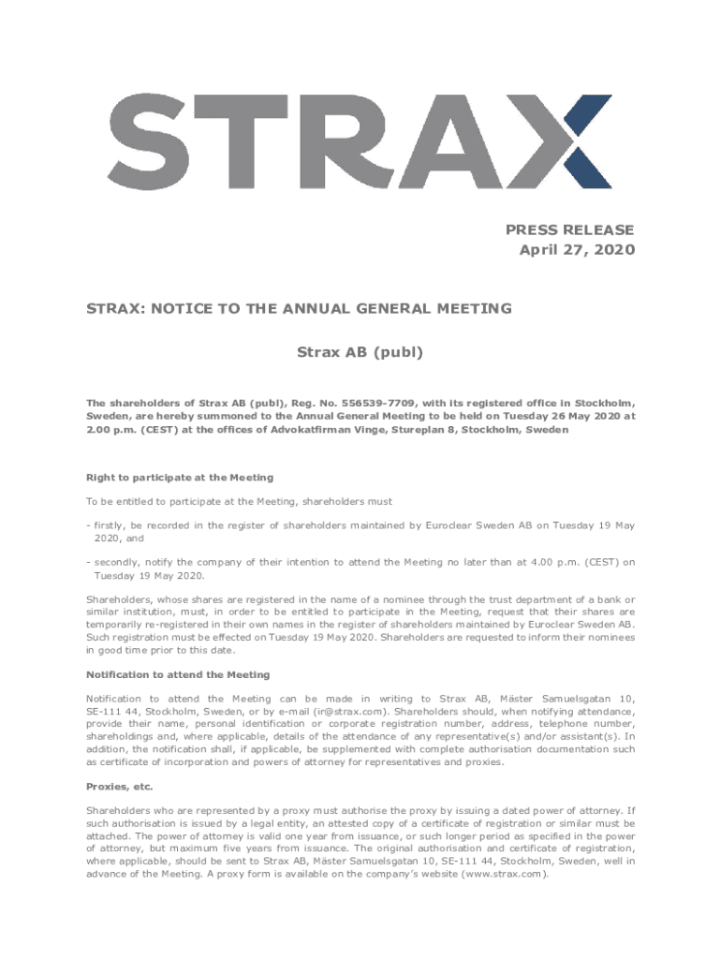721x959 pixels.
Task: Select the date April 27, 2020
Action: click(x=577, y=250)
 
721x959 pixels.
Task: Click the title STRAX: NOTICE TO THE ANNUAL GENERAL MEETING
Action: click(x=299, y=307)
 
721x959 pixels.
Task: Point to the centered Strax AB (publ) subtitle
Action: click(x=360, y=353)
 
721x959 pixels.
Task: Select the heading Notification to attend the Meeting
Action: click(x=178, y=674)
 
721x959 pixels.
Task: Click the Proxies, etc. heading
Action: click(x=120, y=786)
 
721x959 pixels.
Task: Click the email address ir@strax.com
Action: click(x=348, y=711)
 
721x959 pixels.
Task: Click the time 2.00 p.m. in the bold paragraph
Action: click(x=112, y=429)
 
